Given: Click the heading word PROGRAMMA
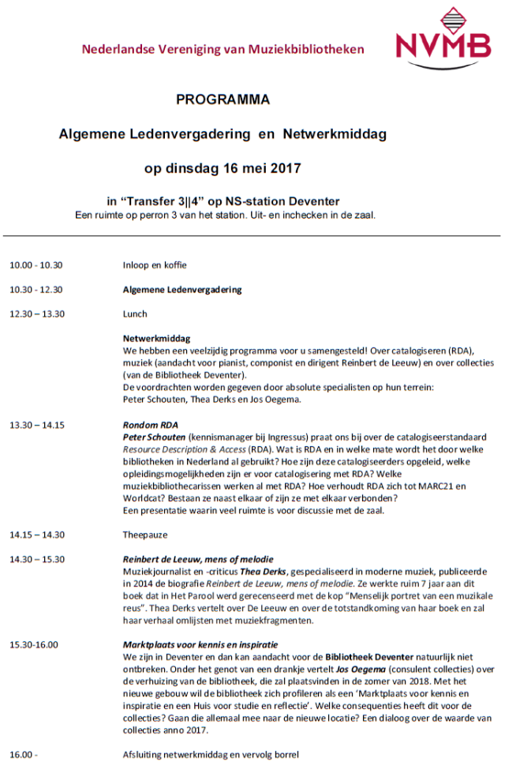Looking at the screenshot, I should coord(223,100).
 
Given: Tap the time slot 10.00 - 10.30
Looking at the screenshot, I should coord(36,265).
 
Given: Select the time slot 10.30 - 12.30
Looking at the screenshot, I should coord(36,290).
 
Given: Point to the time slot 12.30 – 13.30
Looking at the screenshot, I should coord(37,313).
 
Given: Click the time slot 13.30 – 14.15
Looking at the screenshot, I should coord(37,425).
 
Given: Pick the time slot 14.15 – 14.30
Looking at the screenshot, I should coord(37,535).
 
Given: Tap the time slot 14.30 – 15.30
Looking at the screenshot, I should coord(37,559).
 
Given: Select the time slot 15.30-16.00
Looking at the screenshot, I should coord(34,644).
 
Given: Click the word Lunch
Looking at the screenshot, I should coord(135,313).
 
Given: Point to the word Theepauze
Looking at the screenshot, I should coord(145,535).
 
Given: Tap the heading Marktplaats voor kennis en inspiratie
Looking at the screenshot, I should coord(200,644).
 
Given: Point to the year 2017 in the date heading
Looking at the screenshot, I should coord(285,168).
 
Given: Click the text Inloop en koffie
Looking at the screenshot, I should coord(155,265).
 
